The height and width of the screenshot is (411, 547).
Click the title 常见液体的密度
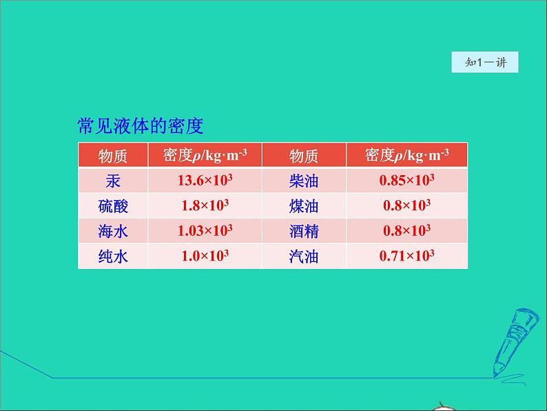(x=141, y=126)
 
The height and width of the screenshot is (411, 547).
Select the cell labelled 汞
(x=113, y=181)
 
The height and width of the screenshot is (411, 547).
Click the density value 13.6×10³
(x=205, y=181)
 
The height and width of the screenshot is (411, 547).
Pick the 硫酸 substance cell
(x=113, y=206)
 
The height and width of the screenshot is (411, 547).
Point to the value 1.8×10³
(x=205, y=205)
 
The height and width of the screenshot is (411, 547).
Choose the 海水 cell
(x=113, y=231)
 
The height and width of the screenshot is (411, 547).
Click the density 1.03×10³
(x=205, y=231)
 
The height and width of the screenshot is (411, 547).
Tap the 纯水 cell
(x=113, y=257)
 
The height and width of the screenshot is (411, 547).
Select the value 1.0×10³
(x=205, y=256)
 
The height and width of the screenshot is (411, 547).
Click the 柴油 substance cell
(x=304, y=181)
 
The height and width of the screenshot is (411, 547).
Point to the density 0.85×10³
(x=406, y=181)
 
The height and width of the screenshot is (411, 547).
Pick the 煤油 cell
(x=304, y=206)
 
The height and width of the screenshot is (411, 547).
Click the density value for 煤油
(x=406, y=205)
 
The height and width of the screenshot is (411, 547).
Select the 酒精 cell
(x=304, y=231)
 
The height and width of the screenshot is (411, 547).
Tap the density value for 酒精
(x=406, y=231)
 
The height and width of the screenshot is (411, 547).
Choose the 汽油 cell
(x=304, y=257)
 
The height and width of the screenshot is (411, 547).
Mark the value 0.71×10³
(x=406, y=256)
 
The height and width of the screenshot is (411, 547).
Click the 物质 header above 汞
(x=113, y=155)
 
